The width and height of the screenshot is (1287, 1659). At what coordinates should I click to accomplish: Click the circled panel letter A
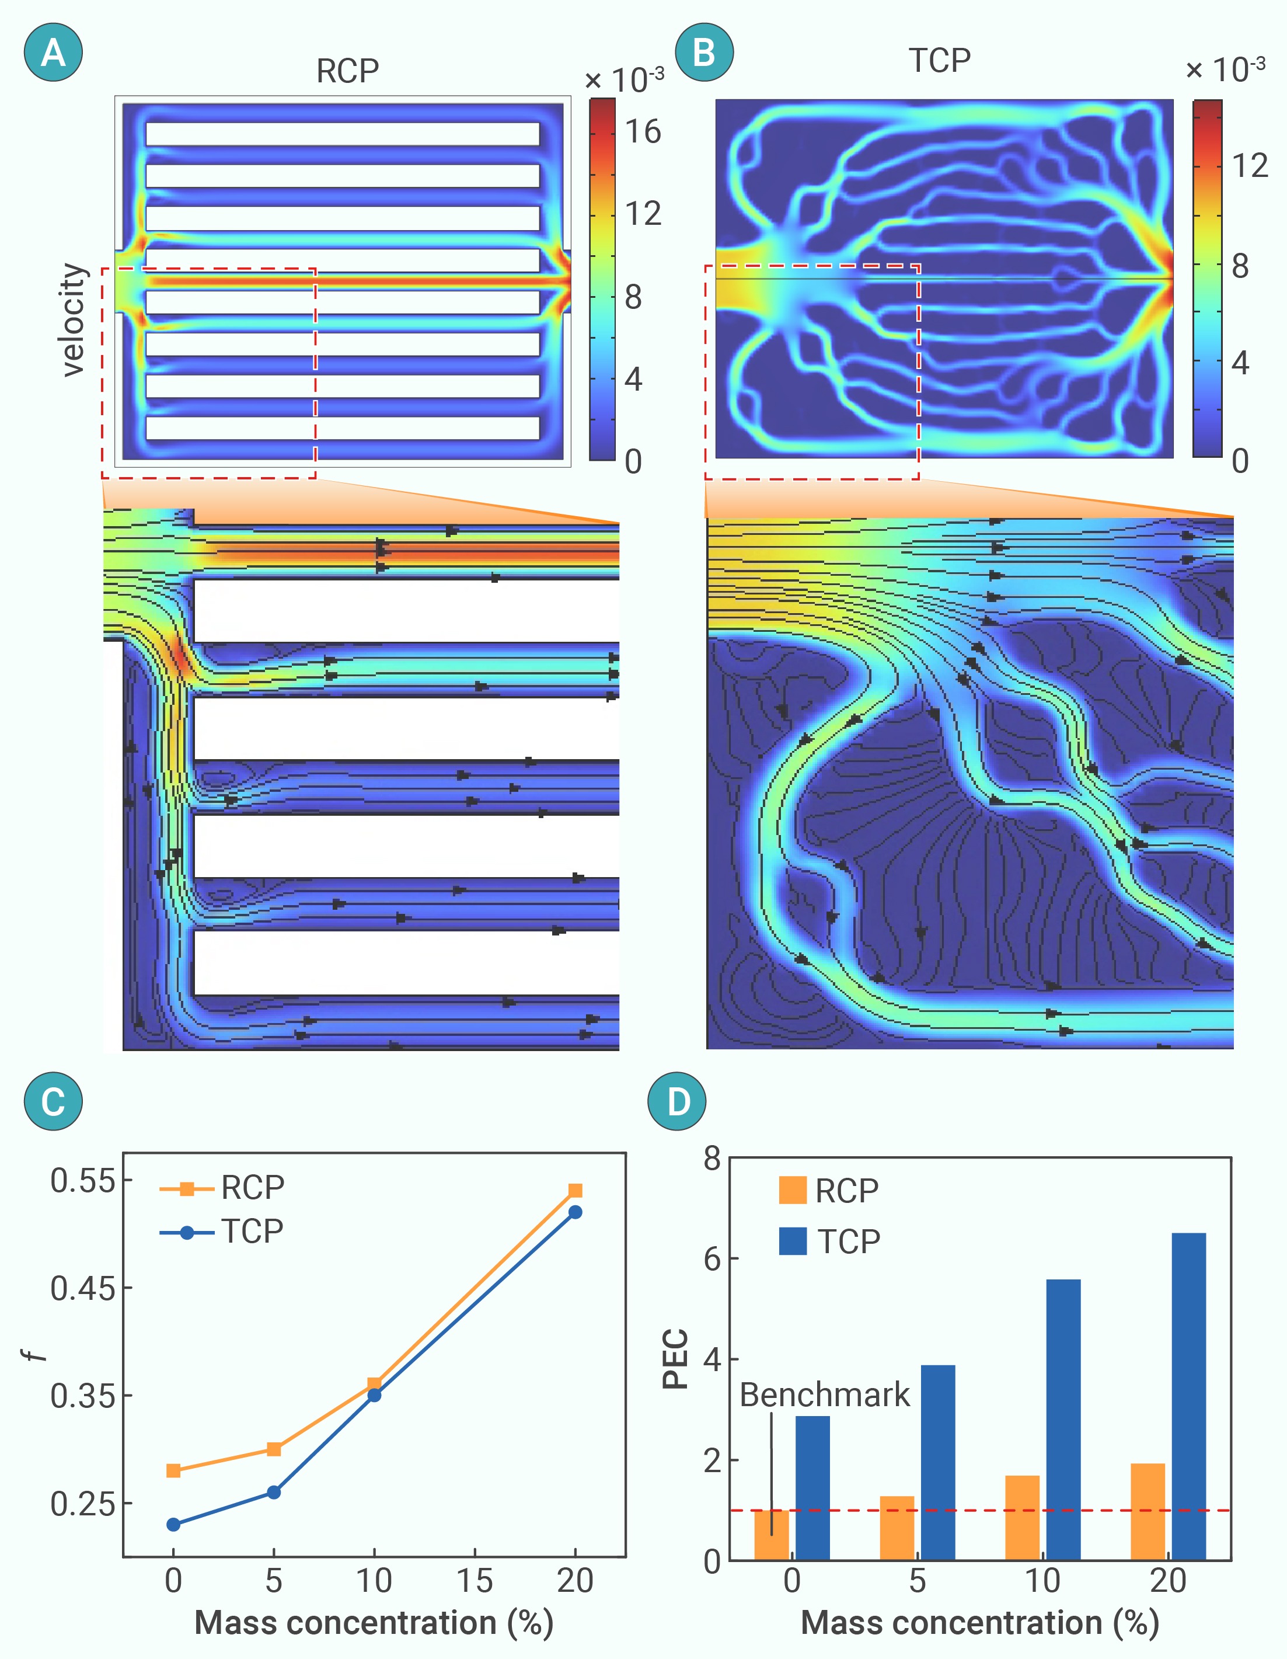pos(53,53)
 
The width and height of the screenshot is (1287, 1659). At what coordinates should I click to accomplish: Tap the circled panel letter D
pos(676,1101)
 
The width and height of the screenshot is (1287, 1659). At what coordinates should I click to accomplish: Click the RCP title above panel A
pos(347,71)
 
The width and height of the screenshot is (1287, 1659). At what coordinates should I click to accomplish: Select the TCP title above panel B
pos(940,61)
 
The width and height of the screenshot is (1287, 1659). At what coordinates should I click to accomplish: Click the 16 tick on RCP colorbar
pos(643,132)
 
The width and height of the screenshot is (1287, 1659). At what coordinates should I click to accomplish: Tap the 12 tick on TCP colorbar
pos(1250,166)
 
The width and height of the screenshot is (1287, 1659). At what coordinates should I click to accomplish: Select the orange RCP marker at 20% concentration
pos(575,1190)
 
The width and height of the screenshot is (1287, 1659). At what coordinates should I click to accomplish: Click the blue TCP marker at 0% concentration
pos(173,1525)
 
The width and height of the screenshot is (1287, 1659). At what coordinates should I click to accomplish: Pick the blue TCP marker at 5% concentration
pos(274,1493)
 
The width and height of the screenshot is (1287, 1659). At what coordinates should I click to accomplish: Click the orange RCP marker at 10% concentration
pos(374,1384)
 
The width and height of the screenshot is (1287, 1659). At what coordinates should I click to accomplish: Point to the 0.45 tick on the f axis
pos(83,1288)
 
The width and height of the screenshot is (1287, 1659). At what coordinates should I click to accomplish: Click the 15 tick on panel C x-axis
pos(475,1581)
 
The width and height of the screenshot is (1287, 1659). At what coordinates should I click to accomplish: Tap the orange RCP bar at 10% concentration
pos(1022,1518)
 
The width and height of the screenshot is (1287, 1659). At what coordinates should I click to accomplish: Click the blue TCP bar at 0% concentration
pos(812,1488)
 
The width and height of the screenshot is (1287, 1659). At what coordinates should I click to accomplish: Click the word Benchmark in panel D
pos(825,1394)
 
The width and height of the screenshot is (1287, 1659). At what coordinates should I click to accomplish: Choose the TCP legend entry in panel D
pos(830,1241)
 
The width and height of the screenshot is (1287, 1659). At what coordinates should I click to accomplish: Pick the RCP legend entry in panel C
pos(222,1187)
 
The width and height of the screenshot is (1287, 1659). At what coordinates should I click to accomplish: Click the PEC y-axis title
pos(675,1359)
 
